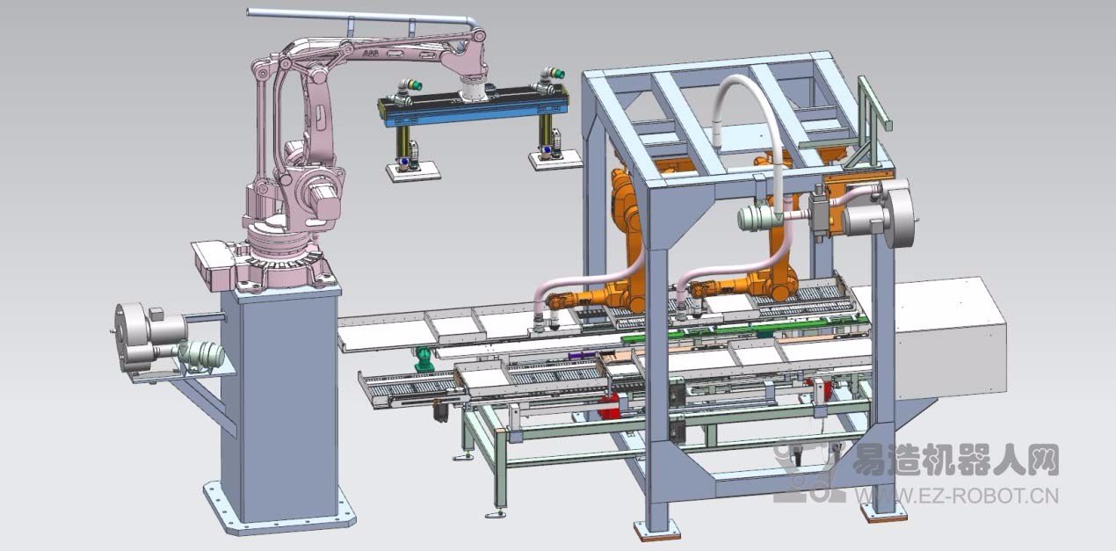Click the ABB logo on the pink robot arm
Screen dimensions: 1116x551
[x=369, y=53]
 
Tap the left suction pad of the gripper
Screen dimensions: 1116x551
[x=414, y=172]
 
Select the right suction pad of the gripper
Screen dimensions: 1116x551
[x=555, y=161]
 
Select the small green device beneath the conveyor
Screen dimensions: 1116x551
[x=424, y=359]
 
